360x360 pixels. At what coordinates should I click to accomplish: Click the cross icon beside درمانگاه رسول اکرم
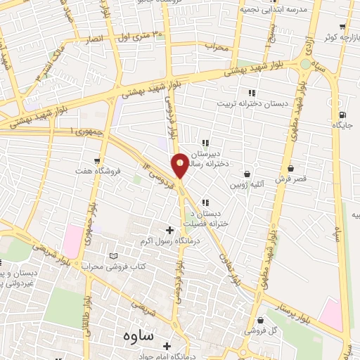tap(169, 230)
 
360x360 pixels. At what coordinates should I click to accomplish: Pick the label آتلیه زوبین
tap(247, 185)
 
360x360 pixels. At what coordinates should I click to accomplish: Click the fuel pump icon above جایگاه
tap(342, 115)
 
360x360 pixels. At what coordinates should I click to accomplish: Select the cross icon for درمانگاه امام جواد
tap(167, 346)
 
